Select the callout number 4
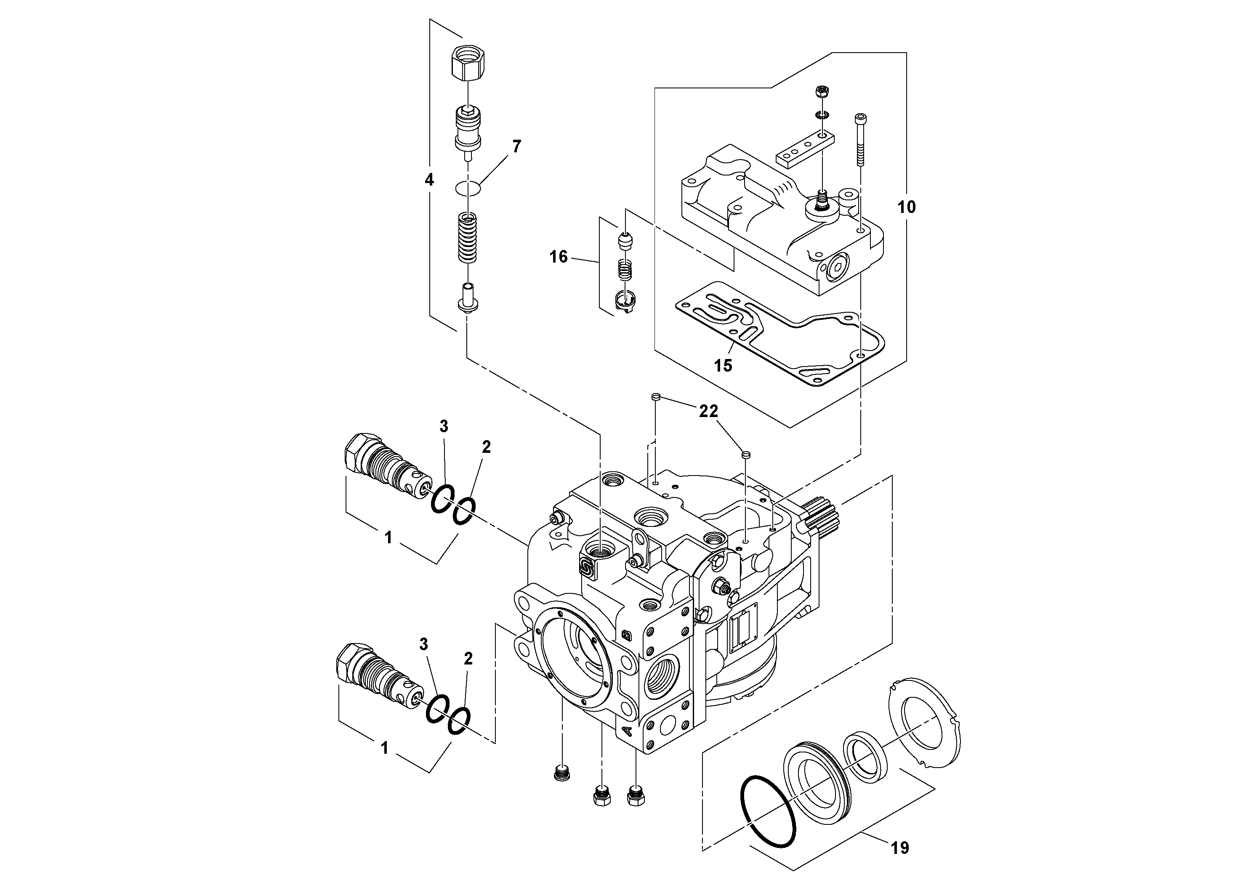tap(429, 180)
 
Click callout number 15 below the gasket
tap(723, 366)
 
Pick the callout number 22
tap(708, 412)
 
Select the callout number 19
tap(900, 848)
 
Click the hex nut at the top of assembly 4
tap(469, 63)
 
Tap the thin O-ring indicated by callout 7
tap(468, 188)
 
